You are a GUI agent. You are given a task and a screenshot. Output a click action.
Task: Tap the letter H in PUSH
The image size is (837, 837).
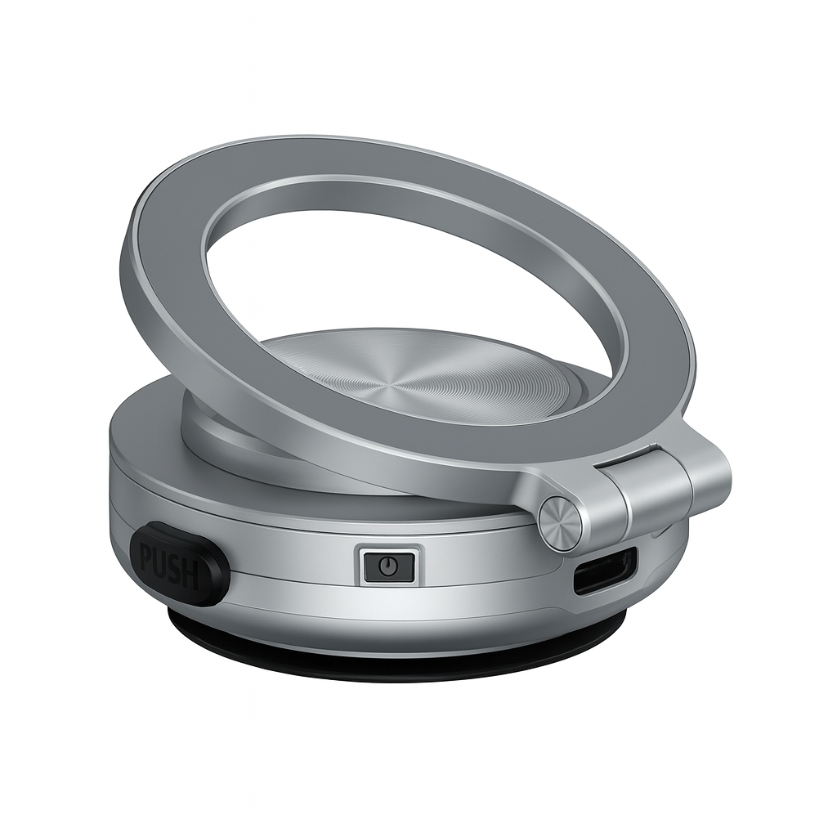click(x=192, y=575)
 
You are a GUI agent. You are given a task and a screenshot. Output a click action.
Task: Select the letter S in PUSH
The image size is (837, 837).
click(x=177, y=569)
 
